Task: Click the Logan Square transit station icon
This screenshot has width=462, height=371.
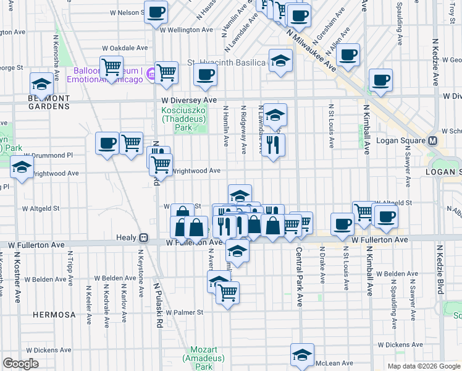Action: [x=433, y=140]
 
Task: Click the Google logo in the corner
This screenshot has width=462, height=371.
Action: [x=20, y=364]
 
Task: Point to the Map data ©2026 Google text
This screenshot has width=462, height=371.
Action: [x=424, y=366]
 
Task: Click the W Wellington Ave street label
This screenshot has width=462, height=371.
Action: [x=186, y=30]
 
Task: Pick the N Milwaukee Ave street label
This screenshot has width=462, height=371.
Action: [x=311, y=53]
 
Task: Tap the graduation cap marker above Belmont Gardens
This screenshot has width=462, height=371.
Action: [x=41, y=83]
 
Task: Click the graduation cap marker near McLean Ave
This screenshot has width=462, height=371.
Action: [x=301, y=355]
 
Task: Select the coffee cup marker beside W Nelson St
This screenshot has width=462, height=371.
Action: [x=156, y=11]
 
